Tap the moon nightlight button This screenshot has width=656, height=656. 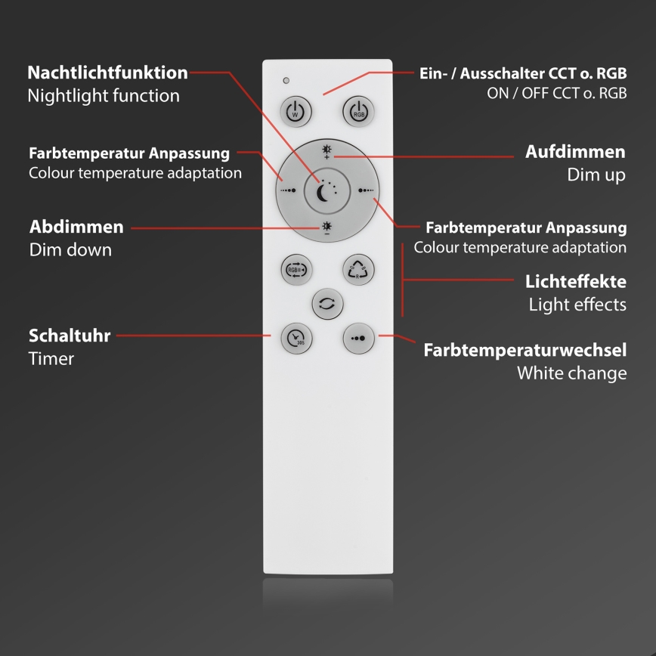(326, 193)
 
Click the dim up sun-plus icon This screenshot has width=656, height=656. (327, 152)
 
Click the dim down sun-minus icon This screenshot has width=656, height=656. (327, 227)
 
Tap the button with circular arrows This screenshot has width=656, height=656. (327, 304)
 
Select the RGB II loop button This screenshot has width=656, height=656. (296, 271)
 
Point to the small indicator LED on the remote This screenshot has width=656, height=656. (286, 80)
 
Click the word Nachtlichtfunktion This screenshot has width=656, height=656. (107, 73)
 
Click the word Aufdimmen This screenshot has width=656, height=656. (575, 152)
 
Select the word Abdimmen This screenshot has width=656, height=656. (76, 227)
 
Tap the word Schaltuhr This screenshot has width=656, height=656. (70, 336)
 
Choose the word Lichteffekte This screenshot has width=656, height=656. (575, 282)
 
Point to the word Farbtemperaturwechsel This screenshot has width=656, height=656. (524, 351)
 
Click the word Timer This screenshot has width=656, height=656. (51, 358)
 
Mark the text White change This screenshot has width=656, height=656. (571, 373)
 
